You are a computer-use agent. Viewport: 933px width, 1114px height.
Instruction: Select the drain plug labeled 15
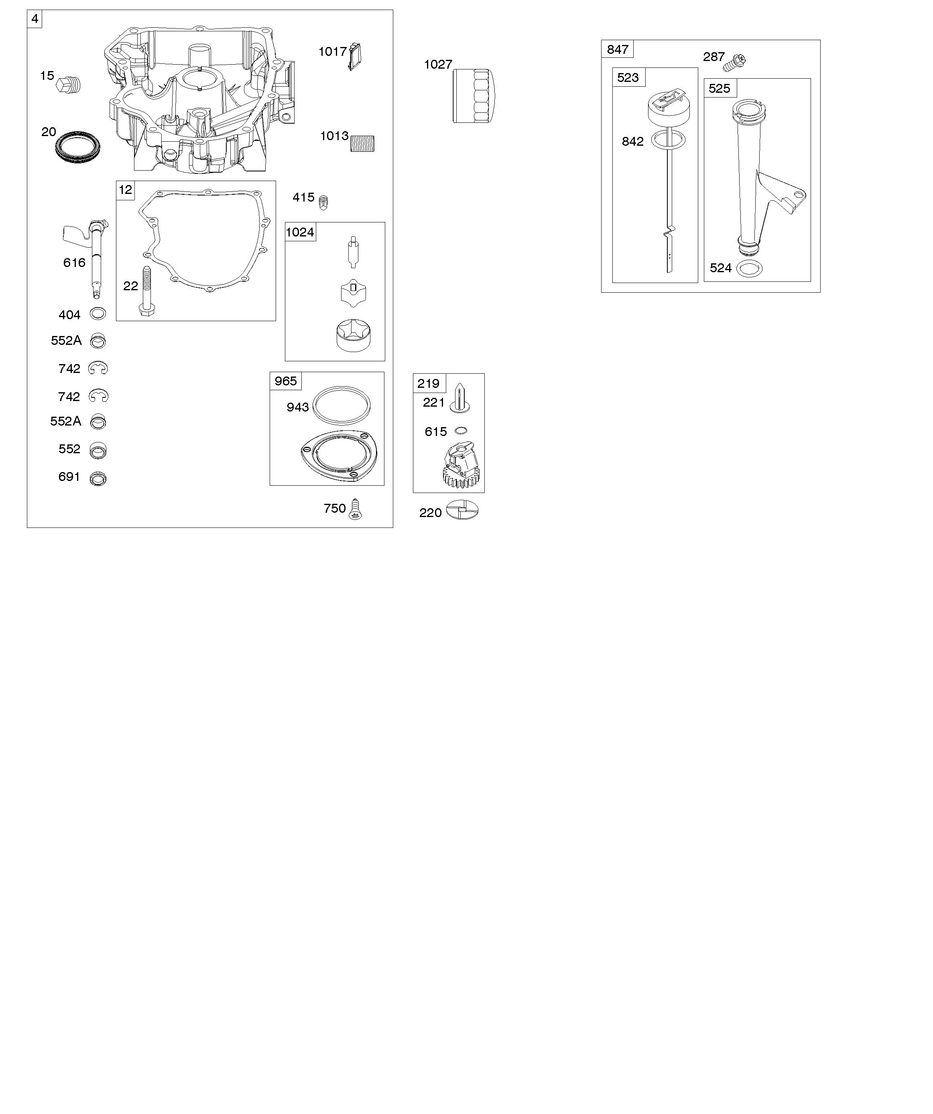point(69,85)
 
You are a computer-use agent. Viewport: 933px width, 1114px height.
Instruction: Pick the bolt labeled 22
point(146,292)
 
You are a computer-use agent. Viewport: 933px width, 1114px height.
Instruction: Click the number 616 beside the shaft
point(74,263)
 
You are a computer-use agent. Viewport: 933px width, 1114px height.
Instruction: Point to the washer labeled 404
point(98,314)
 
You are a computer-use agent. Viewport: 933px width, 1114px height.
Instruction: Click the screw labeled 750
point(356,509)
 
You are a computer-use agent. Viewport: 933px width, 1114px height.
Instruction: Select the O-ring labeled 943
point(341,406)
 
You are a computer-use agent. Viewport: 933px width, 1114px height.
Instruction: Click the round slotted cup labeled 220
point(462,510)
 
